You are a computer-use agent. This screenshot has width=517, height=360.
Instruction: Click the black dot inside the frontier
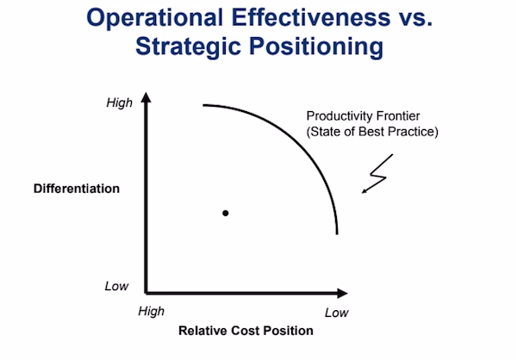click(x=226, y=212)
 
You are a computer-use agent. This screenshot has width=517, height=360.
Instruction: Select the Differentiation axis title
click(x=77, y=188)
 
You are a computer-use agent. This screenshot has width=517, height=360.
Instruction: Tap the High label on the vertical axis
click(x=120, y=103)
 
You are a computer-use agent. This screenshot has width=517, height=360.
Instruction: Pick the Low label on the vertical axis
click(x=117, y=286)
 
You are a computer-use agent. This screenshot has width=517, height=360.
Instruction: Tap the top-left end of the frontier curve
click(x=204, y=105)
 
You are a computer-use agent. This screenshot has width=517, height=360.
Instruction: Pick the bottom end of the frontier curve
click(x=336, y=233)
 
